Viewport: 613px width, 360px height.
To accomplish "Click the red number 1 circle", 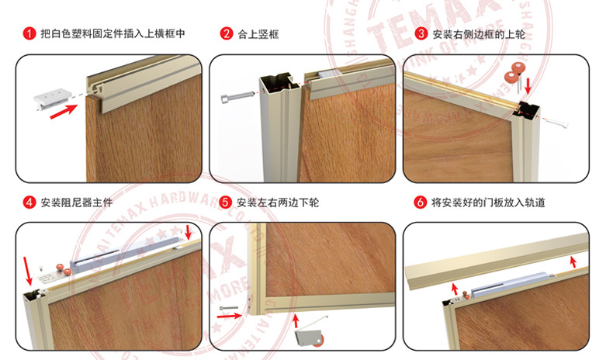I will point(29,34).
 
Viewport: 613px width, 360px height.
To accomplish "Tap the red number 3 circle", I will point(421,34).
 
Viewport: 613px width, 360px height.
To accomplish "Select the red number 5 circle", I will point(225,203).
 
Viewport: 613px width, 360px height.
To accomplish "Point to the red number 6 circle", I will point(421,203).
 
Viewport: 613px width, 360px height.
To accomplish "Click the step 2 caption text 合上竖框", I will point(259,34).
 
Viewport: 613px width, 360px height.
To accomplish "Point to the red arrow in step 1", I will point(64,111).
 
